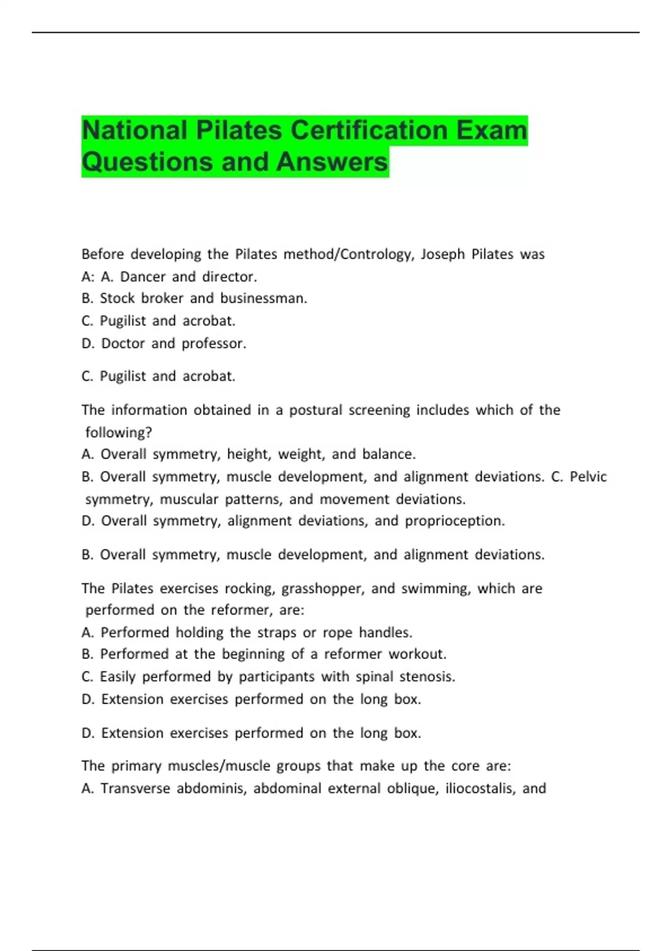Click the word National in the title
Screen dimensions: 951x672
click(135, 130)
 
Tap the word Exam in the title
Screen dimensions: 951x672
click(492, 130)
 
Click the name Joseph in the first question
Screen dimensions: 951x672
click(442, 255)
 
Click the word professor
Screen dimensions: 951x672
click(214, 343)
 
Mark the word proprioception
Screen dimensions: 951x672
click(455, 521)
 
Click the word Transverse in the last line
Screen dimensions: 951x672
click(135, 789)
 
